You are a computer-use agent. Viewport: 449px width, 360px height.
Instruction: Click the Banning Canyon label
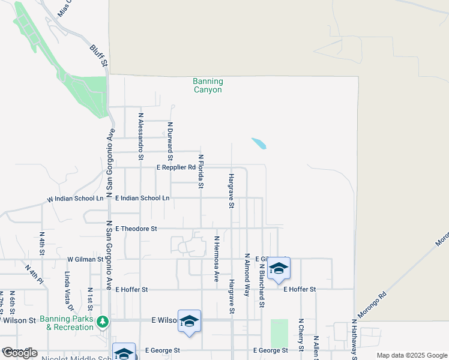click(x=208, y=86)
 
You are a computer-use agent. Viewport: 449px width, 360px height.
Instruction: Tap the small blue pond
click(x=259, y=143)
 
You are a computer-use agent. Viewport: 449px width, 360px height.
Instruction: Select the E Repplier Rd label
click(x=176, y=168)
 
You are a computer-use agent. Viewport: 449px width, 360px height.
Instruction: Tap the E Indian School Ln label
click(x=142, y=198)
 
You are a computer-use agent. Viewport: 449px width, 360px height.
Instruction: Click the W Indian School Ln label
click(x=76, y=199)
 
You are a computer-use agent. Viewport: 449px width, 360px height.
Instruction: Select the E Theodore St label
click(x=136, y=229)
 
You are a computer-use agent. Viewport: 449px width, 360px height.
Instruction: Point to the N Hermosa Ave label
click(x=217, y=259)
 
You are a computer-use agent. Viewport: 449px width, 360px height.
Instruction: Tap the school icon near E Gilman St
click(x=278, y=268)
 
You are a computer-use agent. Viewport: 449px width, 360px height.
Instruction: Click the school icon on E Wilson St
click(x=189, y=321)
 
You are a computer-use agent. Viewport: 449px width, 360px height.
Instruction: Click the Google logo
click(x=20, y=353)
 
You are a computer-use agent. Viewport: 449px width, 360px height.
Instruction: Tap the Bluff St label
click(x=98, y=55)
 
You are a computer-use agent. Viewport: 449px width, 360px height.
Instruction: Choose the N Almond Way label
click(x=247, y=275)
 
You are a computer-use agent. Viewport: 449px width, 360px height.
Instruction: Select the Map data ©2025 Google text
click(x=411, y=355)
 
